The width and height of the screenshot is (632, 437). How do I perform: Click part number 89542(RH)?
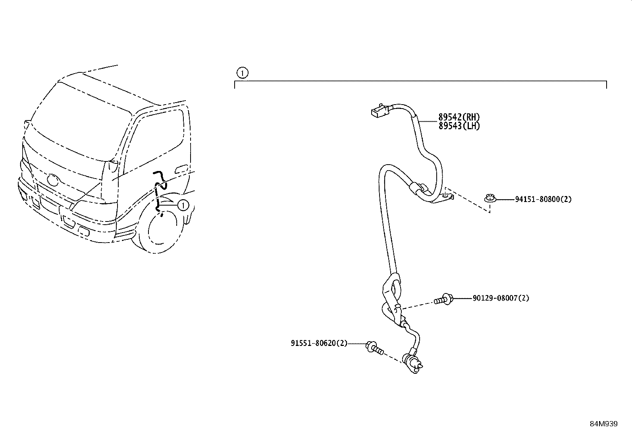[459, 117]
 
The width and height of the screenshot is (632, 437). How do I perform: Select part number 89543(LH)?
[459, 126]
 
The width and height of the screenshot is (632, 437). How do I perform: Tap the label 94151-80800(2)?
[543, 199]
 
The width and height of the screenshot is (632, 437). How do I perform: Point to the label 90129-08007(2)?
[501, 298]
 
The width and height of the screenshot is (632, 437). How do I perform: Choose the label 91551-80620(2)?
[319, 343]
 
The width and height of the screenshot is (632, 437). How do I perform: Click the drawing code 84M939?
[603, 424]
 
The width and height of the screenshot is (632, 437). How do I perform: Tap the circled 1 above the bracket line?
[242, 73]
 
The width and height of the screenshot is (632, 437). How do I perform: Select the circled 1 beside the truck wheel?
[182, 205]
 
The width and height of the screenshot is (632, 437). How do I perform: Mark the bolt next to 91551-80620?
[374, 348]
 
